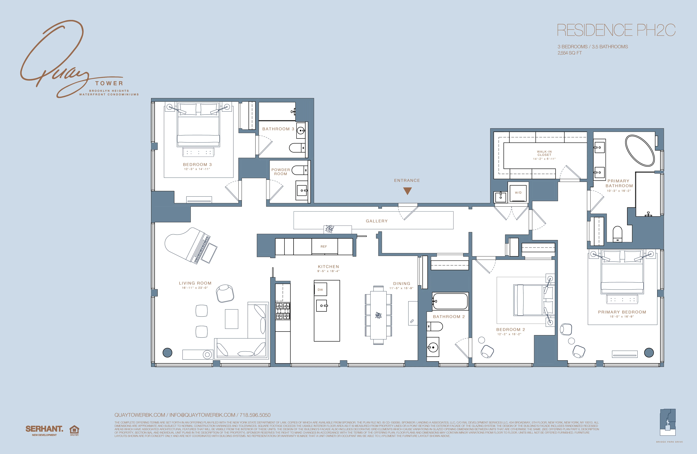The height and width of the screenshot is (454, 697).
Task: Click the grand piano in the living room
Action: pyautogui.click(x=190, y=246)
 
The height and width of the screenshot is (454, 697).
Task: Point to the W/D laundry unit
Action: pyautogui.click(x=518, y=192)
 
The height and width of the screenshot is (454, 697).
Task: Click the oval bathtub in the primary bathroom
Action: pyautogui.click(x=640, y=150)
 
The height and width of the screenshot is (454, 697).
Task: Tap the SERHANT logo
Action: pyautogui.click(x=44, y=429)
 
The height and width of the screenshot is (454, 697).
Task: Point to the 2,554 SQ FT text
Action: pyautogui.click(x=570, y=53)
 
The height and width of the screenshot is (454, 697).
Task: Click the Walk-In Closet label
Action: pyautogui.click(x=544, y=153)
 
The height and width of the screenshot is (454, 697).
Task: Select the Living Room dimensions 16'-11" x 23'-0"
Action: pyautogui.click(x=195, y=288)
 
